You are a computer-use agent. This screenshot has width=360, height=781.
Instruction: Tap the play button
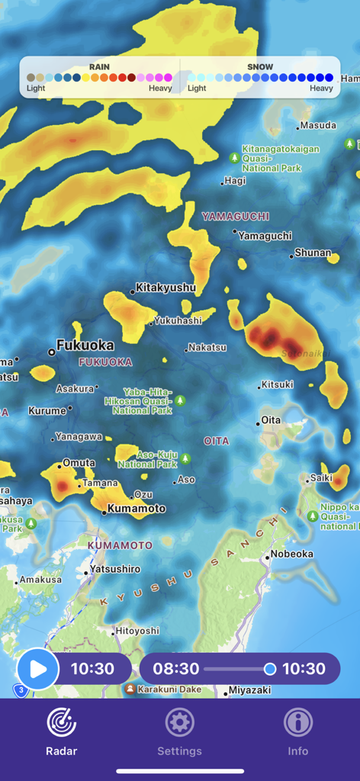(x=37, y=670)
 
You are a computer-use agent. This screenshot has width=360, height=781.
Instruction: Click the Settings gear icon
(x=180, y=722)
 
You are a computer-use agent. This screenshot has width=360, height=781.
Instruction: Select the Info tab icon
(x=297, y=722)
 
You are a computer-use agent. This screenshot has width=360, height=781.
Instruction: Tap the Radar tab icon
(x=62, y=722)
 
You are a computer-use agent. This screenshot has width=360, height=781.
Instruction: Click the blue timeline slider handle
(x=269, y=669)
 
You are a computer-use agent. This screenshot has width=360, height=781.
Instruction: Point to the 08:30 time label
(x=175, y=669)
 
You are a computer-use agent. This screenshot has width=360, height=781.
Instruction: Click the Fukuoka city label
(x=85, y=345)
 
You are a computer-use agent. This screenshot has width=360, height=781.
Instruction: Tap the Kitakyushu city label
(x=165, y=288)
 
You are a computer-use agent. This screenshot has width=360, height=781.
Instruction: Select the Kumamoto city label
(x=137, y=508)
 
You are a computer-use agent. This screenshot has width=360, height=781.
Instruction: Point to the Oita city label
(x=271, y=419)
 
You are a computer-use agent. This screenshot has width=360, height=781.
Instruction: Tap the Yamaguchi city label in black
(x=265, y=236)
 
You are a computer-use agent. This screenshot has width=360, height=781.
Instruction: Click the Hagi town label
(x=236, y=181)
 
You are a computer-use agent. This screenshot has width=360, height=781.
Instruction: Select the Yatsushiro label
(x=115, y=569)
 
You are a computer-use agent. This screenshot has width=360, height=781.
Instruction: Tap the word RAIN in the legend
(x=99, y=67)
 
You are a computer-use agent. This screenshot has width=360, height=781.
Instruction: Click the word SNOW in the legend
(x=260, y=67)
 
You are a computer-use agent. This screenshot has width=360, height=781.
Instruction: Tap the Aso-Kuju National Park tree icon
(x=185, y=459)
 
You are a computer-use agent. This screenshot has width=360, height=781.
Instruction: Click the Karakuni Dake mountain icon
(x=130, y=689)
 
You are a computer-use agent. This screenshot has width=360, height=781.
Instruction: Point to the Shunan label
(x=313, y=252)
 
